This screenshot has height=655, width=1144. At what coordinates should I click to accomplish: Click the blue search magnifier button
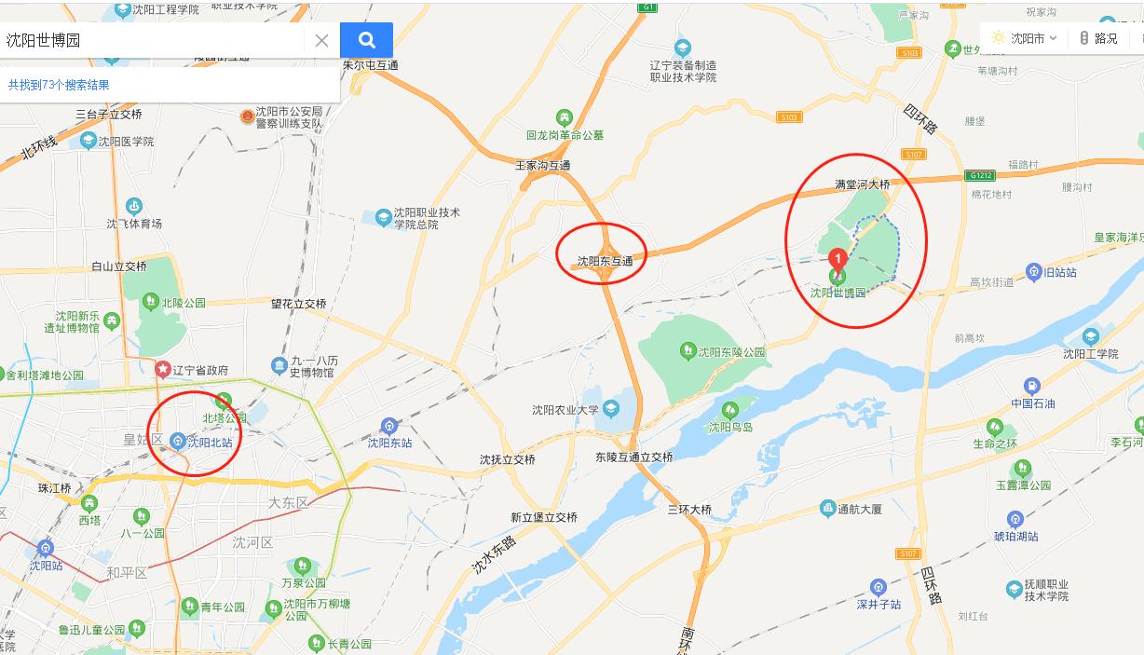(x=366, y=40)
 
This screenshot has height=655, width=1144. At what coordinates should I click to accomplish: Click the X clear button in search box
(x=321, y=40)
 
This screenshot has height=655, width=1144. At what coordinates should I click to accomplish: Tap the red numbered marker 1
(x=838, y=258)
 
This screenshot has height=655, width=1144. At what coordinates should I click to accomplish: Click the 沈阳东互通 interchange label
(x=605, y=262)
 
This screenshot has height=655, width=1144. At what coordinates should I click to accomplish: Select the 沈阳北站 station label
(x=210, y=443)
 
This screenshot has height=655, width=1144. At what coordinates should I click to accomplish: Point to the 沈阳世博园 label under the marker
(x=838, y=293)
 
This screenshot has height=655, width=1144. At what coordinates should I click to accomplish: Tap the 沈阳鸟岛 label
(x=730, y=428)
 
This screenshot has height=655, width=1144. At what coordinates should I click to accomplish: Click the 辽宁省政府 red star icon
(x=163, y=370)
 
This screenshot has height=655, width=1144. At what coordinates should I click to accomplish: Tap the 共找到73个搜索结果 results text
(x=59, y=85)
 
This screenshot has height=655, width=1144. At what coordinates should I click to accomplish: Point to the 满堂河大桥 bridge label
(x=862, y=185)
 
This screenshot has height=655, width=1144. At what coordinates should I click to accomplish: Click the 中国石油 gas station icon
(x=1031, y=386)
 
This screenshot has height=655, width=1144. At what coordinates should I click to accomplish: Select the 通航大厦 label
(x=859, y=510)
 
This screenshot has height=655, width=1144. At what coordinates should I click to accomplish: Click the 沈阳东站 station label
(x=389, y=443)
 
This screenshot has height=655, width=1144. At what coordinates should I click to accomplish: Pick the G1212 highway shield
(x=980, y=175)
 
